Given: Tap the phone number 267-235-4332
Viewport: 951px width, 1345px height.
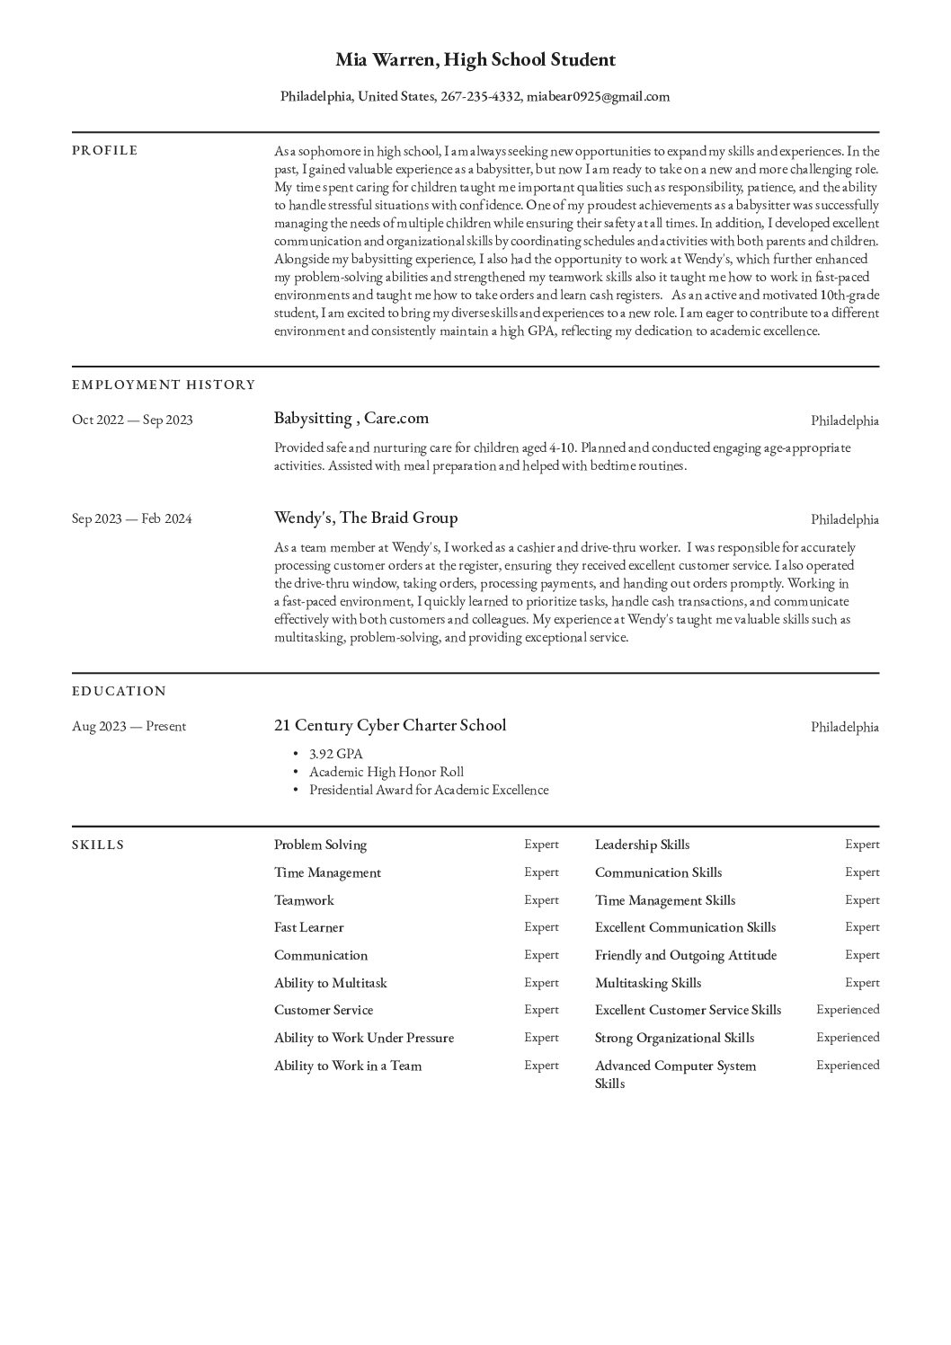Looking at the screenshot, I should [x=480, y=97].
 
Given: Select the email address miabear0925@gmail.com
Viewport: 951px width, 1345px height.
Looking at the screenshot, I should [x=598, y=97].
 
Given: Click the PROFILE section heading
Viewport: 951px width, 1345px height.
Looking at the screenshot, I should [x=105, y=150].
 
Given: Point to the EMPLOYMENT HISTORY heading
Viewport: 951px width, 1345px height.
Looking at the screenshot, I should [x=164, y=385].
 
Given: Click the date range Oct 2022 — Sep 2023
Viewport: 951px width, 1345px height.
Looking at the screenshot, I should [x=132, y=420].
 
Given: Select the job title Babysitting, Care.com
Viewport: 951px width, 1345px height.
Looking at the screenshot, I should [x=351, y=418].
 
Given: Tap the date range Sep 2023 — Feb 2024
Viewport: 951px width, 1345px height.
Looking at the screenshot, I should [x=132, y=518].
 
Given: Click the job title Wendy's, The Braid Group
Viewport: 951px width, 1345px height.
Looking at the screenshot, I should [x=366, y=518].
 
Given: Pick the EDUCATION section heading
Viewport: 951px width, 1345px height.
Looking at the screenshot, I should [x=120, y=691].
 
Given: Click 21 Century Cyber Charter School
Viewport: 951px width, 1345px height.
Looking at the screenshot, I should [x=390, y=725].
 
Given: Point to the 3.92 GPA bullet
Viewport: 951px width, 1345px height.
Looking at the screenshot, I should [x=336, y=754].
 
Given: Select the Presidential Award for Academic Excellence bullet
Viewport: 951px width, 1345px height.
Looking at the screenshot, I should [x=429, y=790].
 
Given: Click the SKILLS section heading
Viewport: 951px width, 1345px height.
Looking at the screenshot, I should [x=98, y=845].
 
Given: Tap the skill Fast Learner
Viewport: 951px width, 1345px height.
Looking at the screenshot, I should [x=309, y=927].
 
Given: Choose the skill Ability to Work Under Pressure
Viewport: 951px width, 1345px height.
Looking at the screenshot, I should [x=364, y=1038].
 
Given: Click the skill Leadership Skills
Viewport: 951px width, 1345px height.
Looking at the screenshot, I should [x=643, y=845].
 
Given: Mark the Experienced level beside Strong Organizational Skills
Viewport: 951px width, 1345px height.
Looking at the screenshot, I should [x=848, y=1038].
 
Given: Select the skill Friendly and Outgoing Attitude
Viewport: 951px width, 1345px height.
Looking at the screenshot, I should [x=686, y=955].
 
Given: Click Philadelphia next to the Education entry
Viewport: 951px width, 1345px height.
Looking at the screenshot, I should [x=845, y=727].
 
